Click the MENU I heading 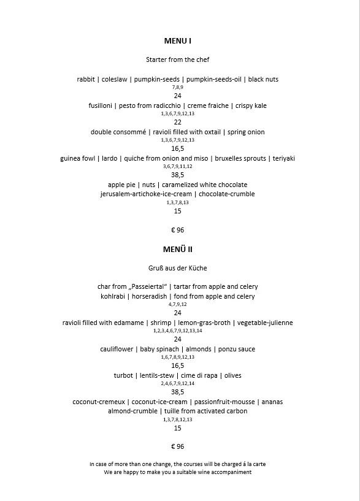pyautogui.click(x=178, y=41)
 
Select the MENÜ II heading pyautogui.click(x=178, y=250)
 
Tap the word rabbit pyautogui.click(x=86, y=79)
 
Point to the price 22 pyautogui.click(x=178, y=122)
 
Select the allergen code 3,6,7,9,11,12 pyautogui.click(x=178, y=166)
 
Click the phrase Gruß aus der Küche pyautogui.click(x=178, y=268)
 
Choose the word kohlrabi pyautogui.click(x=115, y=296)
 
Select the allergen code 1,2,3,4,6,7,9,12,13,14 pyautogui.click(x=178, y=331)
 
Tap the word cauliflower pyautogui.click(x=117, y=349)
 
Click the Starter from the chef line pyautogui.click(x=178, y=59)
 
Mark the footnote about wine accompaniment pyautogui.click(x=178, y=473)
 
